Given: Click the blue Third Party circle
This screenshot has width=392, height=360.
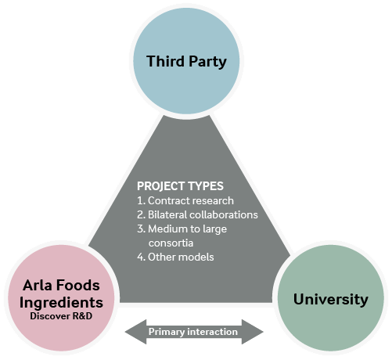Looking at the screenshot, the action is pos(186,61).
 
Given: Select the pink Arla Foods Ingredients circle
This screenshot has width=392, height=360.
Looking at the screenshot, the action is pos(61,298).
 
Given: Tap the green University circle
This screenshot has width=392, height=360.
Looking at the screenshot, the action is pos(331,298).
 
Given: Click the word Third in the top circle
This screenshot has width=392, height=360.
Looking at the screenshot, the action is pos(165,61).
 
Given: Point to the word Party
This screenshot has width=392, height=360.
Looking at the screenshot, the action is pos(207,62).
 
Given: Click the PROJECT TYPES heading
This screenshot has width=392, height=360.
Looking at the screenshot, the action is pos(180,186).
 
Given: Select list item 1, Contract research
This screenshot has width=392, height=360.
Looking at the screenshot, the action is pos(185,200).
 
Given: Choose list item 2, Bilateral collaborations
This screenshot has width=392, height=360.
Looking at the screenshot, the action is pos(197,214).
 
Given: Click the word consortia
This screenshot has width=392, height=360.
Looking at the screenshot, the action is pos(171,243).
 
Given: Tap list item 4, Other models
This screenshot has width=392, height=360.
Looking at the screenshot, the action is pos(175,257).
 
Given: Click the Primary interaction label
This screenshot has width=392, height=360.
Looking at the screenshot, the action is pos(193,332).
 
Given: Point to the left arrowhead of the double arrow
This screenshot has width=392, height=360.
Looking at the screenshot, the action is pos(135,332).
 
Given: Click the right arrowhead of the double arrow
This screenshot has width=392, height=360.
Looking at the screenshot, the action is pos(253,332).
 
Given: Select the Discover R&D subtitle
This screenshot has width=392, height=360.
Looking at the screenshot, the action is pos(61,316).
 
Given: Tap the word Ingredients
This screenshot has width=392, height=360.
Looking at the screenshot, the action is pos(61,303).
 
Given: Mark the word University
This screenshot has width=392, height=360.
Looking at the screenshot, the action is pos(331,300).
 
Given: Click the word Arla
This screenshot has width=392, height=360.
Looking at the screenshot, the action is pos(38,285).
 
